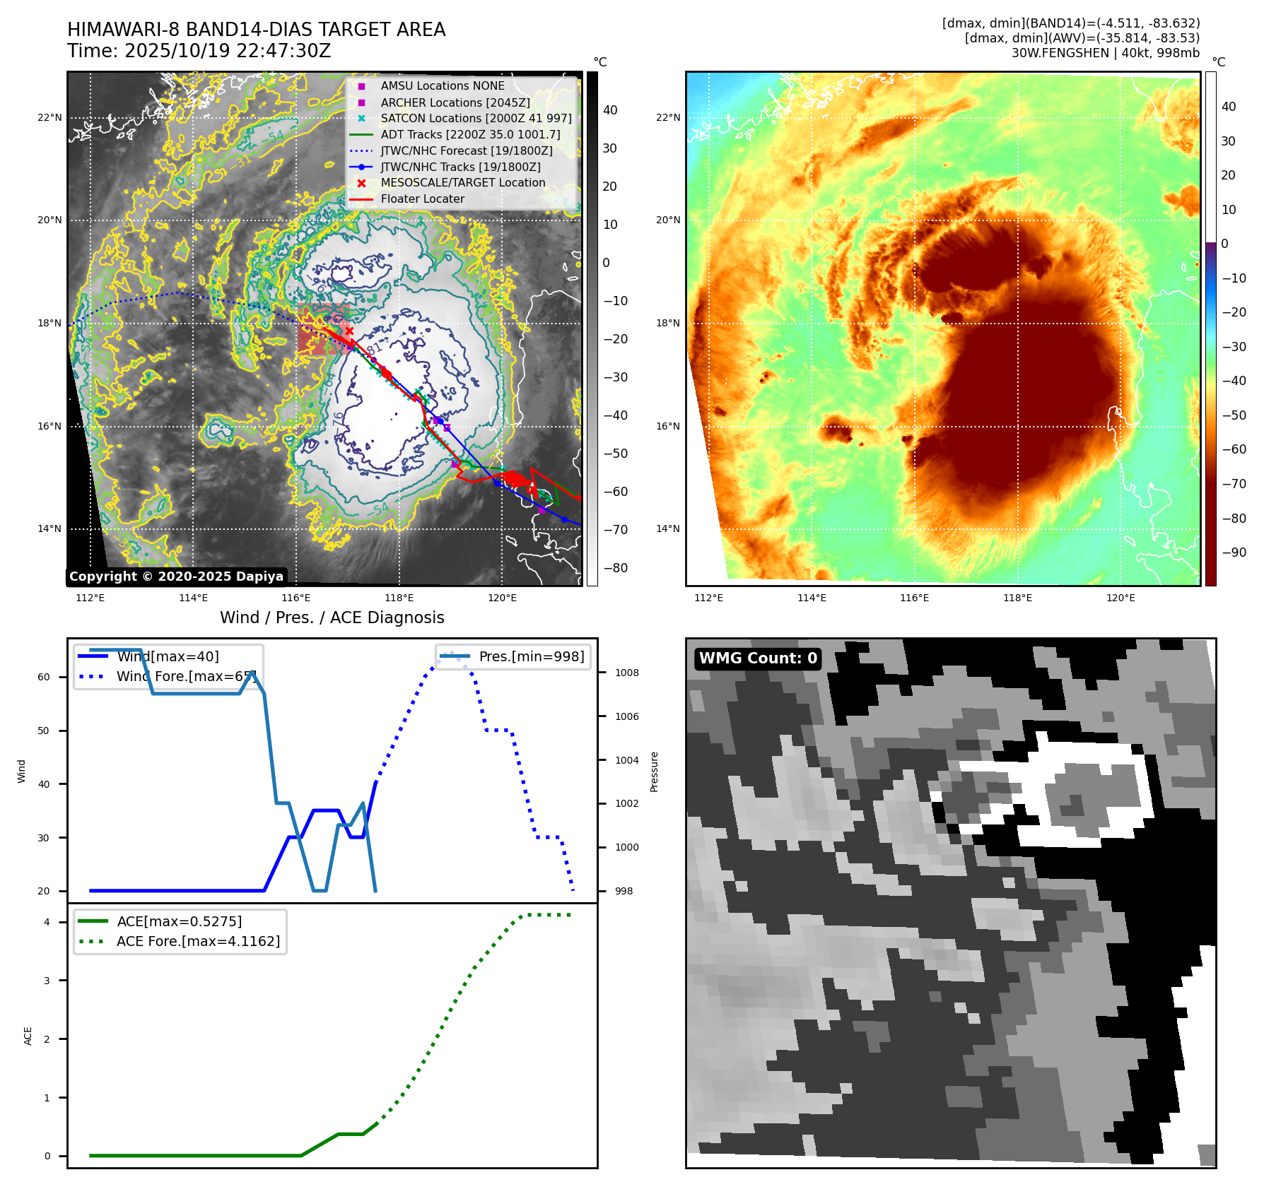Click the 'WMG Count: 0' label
click(758, 658)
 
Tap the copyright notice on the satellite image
click(176, 577)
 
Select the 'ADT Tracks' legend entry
click(470, 134)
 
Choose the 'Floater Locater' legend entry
click(422, 199)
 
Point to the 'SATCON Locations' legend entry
click(476, 118)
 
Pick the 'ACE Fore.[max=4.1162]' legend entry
click(198, 941)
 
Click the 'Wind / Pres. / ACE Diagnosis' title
click(332, 617)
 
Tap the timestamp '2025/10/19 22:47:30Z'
click(227, 51)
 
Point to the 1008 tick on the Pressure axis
click(626, 673)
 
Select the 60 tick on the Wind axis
click(44, 677)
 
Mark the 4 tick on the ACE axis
click(47, 922)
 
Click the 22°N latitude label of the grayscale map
click(49, 117)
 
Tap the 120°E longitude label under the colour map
click(1120, 598)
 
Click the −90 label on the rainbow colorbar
click(1234, 552)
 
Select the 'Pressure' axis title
click(654, 772)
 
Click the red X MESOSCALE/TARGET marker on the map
click(349, 331)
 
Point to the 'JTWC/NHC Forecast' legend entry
click(466, 150)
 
